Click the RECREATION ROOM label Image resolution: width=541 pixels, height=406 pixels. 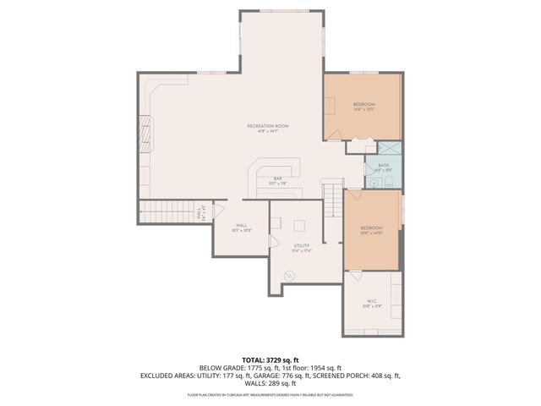[x=263, y=126]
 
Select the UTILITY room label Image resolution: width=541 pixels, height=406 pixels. [x=302, y=245]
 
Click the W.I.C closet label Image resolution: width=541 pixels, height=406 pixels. [x=372, y=301]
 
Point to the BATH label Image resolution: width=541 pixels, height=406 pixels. [x=384, y=166]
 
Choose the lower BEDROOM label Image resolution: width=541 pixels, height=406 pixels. [x=372, y=228]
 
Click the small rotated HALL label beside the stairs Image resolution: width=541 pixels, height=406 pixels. [x=199, y=215]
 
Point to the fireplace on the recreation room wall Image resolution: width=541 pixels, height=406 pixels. [x=145, y=134]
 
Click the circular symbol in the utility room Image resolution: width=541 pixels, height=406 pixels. [x=291, y=275]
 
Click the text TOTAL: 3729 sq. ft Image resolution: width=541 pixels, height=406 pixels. [x=270, y=359]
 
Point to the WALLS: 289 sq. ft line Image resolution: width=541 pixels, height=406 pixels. [x=270, y=382]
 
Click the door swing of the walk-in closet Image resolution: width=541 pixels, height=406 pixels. [x=356, y=276]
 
